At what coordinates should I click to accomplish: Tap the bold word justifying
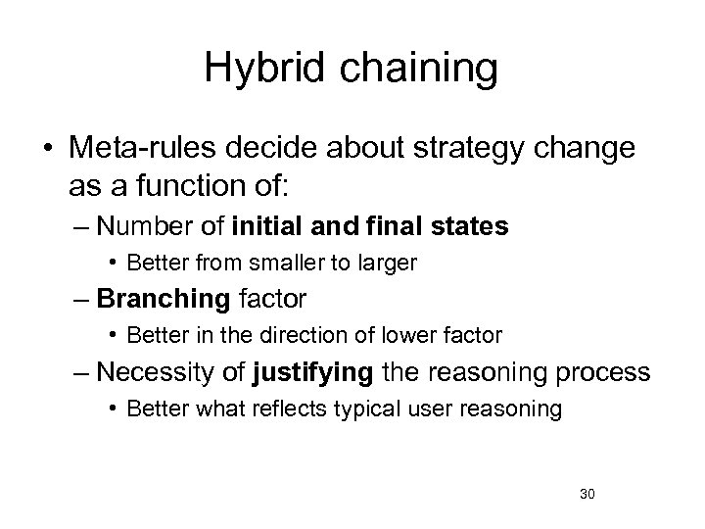[x=305, y=372]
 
